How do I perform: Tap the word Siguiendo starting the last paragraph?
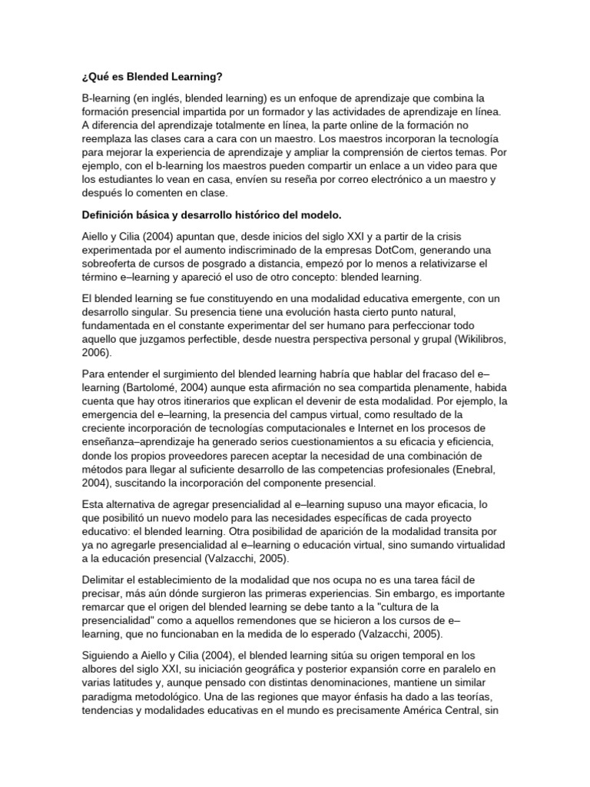[110, 656]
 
